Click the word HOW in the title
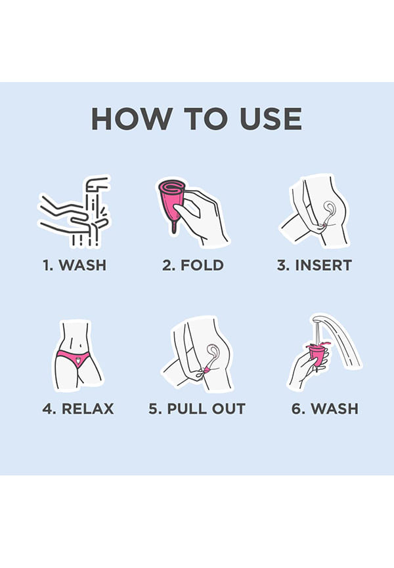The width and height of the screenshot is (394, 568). coord(131,119)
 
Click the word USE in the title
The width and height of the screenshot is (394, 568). coord(271,119)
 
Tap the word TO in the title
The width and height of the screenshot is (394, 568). coord(206,119)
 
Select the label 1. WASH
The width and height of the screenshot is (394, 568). coord(74,265)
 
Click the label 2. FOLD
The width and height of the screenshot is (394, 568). coord(192,265)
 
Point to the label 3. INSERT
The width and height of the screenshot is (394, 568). coord(314,265)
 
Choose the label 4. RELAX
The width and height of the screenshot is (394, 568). coord(78,409)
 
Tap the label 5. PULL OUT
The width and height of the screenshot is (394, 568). coord(197,409)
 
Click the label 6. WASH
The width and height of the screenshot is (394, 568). coord(324,409)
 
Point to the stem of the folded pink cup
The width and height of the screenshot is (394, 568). coord(174,228)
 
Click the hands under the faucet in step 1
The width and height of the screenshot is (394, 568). coord(69,217)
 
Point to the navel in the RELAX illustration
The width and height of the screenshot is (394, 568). coord(74,340)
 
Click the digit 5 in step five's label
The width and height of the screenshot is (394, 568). coord(153,409)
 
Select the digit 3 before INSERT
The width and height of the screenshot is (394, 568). coord(282,265)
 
